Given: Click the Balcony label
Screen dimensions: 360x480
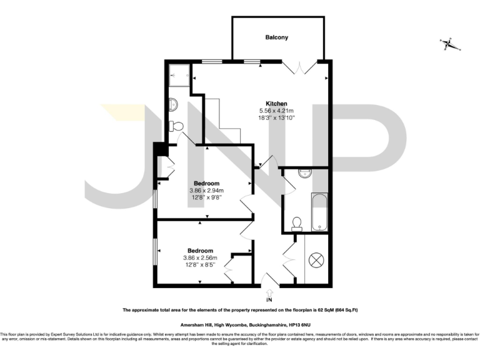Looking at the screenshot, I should pos(277,37).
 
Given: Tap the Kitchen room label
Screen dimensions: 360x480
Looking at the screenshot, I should pos(276,103).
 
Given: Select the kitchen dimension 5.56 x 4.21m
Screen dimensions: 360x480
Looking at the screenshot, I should pos(276,111).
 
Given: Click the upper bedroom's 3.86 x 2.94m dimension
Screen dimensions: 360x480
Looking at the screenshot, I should pos(206,191).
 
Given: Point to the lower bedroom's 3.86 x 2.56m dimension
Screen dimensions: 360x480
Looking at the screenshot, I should pos(200,257).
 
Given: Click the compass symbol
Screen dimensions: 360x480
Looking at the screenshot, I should pos(448,44).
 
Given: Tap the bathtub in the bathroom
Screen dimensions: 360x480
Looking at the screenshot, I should pos(319,211).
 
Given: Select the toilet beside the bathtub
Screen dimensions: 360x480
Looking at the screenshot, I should pos(297,223).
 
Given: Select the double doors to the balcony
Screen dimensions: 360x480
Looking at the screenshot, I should pos(299,67).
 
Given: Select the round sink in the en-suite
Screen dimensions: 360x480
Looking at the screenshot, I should pos(174,104).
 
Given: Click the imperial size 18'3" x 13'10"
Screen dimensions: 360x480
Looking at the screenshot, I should pos(276,117).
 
